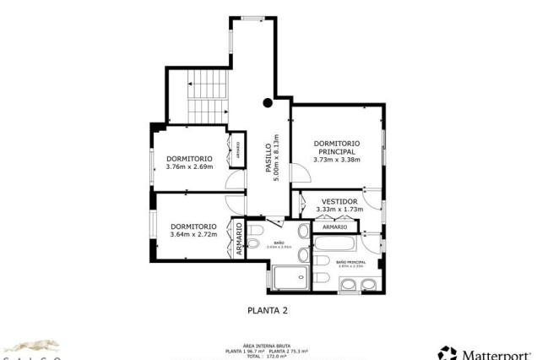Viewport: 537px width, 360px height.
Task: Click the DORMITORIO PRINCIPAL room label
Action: click(336, 147)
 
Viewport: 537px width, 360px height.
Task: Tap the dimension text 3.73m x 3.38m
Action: click(336, 159)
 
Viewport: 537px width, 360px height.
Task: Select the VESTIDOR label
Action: click(339, 201)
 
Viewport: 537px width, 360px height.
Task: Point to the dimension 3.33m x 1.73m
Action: click(339, 210)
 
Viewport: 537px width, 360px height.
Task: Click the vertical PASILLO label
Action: click(268, 159)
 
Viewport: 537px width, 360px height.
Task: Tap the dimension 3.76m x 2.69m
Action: click(189, 166)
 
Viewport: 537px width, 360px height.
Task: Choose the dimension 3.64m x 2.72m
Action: click(193, 234)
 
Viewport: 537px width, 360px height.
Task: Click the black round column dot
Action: click(268, 103)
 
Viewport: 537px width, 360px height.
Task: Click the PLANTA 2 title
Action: click(268, 310)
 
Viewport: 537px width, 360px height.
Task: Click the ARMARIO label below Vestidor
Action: click(334, 227)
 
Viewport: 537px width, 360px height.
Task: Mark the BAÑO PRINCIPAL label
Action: click(350, 263)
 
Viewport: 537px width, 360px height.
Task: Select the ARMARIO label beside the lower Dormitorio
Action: click(239, 239)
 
